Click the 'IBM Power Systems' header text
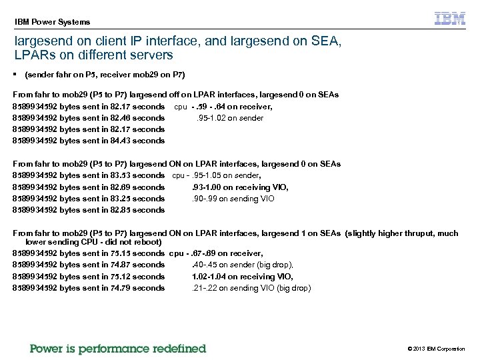(52, 21)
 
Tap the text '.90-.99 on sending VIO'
(233, 199)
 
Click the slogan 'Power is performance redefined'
(118, 349)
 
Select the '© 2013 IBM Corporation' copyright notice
(436, 349)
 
